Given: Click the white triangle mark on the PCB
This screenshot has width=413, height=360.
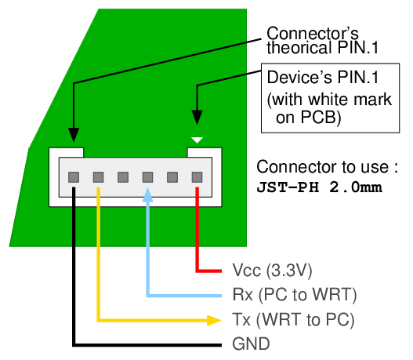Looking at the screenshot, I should pos(197,140).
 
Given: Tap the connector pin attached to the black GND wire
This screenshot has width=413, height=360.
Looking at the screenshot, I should pos(73,177).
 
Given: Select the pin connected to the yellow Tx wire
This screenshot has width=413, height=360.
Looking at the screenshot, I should pos(98,177).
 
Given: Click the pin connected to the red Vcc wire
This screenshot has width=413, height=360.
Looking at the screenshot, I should pos(197,177).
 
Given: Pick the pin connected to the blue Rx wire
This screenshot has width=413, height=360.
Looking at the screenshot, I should pos(147,177).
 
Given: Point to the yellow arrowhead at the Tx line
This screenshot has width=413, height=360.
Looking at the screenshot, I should pos(212,320).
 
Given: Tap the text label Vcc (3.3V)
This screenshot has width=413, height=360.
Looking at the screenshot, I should pos(273,271).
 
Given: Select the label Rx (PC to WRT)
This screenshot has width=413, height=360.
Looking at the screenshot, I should pos(295,295).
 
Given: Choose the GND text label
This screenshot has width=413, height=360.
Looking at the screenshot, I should pos(251,344).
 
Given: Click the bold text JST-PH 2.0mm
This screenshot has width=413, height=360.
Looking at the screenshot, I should pos(321,188).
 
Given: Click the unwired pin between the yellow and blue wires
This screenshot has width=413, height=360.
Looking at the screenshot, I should pos(123,177).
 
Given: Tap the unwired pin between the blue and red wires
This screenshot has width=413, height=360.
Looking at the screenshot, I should pos(172,177).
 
